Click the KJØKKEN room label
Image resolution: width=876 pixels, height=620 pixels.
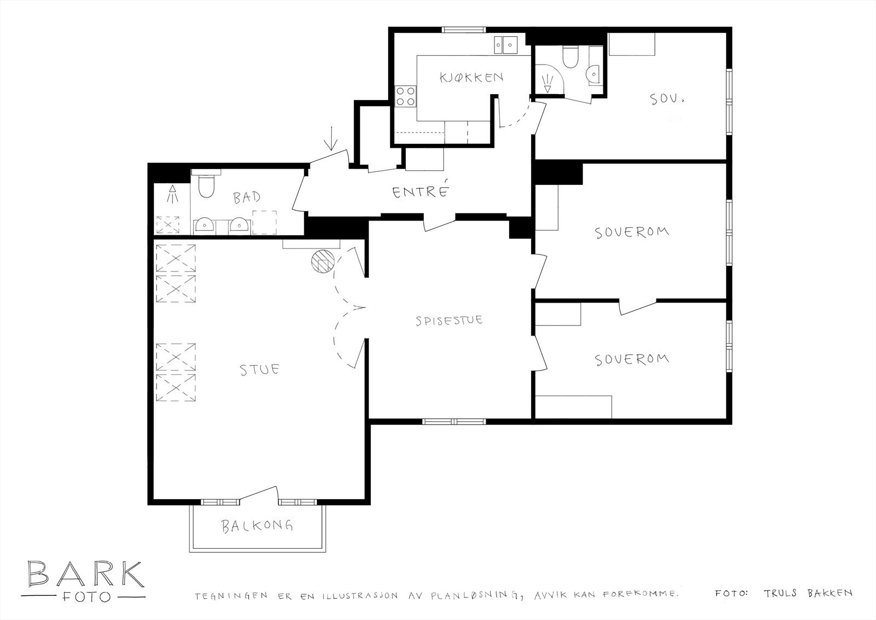point(471,77)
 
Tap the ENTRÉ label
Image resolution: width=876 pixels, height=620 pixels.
point(420,192)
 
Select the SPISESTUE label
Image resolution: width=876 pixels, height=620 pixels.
point(448,320)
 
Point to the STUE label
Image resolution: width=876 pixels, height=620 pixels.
point(260,369)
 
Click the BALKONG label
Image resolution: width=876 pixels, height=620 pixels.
point(257,526)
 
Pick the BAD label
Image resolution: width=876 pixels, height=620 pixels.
point(247,198)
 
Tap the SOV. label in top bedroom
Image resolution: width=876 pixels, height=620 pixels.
point(668,100)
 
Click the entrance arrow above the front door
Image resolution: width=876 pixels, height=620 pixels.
point(330,144)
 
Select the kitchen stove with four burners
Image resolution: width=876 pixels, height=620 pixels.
point(406,96)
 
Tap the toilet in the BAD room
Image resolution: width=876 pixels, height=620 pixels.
point(206,185)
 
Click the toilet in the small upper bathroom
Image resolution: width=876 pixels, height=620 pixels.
point(570,57)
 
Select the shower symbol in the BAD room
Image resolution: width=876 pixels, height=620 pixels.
point(172,194)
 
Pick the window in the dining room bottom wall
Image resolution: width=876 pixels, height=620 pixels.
point(454,421)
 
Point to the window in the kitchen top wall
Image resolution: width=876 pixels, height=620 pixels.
point(463,30)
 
